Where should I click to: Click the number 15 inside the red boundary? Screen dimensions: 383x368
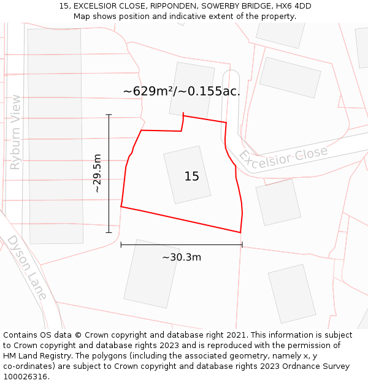click(191, 176)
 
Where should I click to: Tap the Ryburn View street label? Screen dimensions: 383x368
click(15, 132)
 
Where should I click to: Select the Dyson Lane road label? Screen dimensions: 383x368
click(27, 268)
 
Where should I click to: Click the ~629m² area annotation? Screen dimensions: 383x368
click(182, 91)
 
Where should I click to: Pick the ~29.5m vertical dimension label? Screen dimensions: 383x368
click(98, 174)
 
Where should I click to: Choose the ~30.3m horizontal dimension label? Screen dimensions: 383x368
click(182, 257)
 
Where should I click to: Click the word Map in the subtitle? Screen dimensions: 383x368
click(82, 17)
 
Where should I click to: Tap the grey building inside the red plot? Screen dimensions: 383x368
click(186, 174)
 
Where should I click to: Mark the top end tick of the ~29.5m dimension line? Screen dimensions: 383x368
click(109, 115)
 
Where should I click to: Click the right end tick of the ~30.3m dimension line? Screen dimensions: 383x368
click(242, 245)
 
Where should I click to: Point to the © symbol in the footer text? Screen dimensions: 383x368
click(78, 335)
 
